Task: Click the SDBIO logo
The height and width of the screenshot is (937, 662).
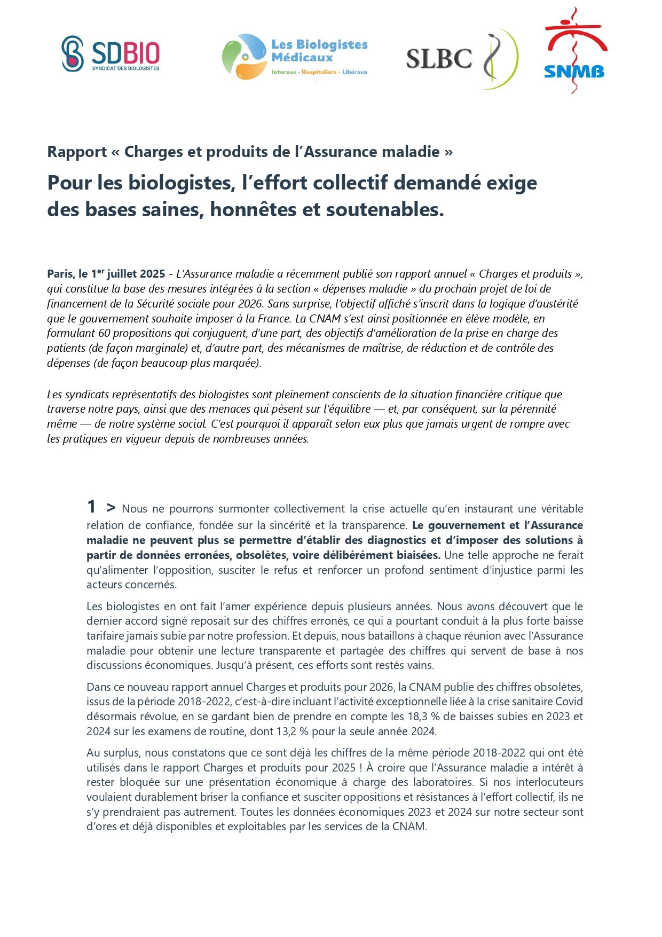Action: point(111,54)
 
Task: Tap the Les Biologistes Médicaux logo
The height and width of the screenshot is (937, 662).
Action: point(295,56)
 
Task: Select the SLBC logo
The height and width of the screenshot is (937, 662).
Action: point(462,58)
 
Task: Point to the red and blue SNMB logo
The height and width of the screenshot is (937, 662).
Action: point(574,51)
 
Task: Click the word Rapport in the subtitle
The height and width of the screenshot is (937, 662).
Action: point(77,152)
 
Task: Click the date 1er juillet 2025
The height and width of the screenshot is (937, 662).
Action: point(128,274)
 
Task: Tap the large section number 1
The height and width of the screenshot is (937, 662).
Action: point(92,506)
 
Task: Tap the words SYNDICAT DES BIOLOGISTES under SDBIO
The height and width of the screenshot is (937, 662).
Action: point(125,68)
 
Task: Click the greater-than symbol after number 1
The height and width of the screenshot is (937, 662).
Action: point(111,507)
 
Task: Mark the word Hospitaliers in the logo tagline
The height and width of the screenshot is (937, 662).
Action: point(319,72)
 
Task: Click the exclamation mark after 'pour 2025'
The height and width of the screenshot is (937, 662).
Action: point(361,768)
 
